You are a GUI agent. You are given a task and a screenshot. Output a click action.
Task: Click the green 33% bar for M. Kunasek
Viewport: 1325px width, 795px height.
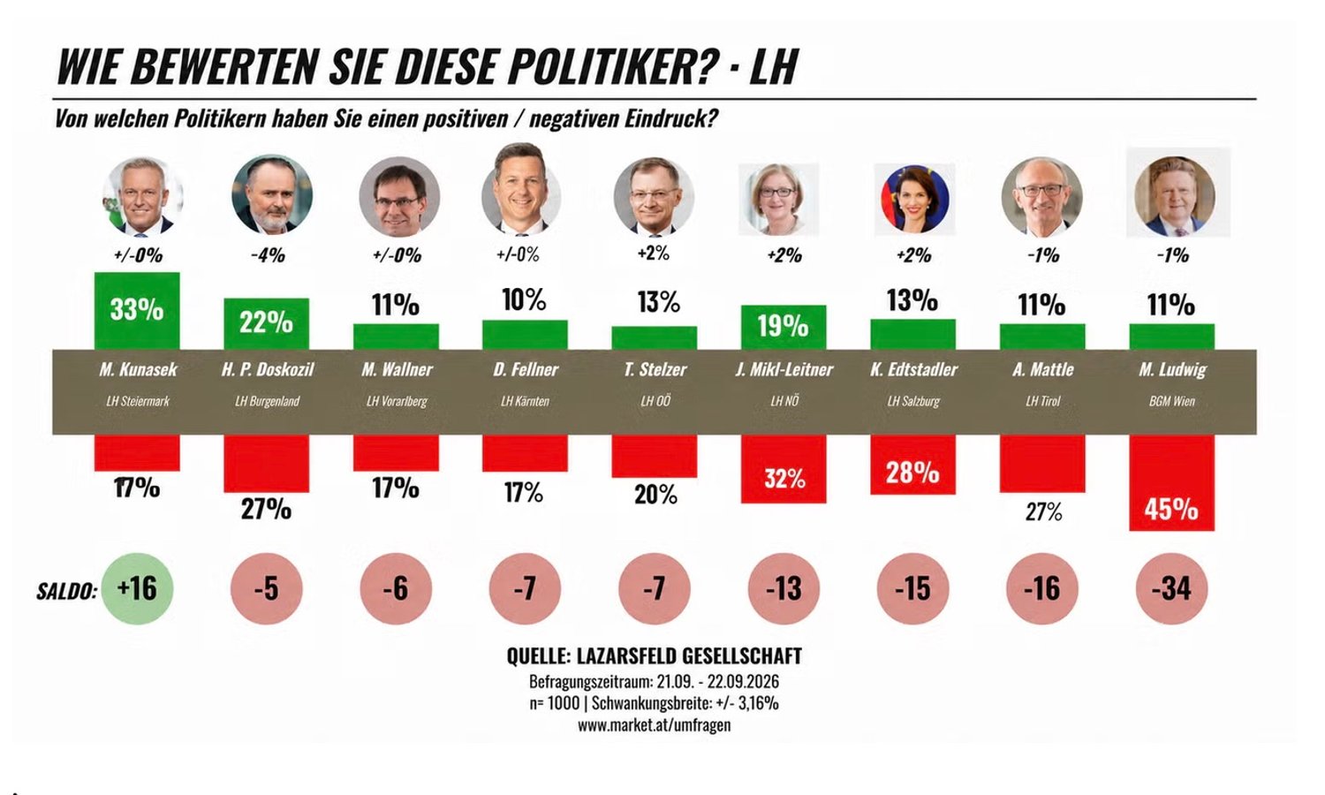(x=137, y=311)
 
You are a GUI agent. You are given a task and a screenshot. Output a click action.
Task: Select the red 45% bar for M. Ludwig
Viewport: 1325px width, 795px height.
(x=1171, y=482)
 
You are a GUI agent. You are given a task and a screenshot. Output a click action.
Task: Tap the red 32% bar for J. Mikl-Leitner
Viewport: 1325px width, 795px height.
(x=784, y=469)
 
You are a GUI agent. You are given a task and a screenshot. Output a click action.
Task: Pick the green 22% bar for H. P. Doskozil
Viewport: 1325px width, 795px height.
(x=266, y=323)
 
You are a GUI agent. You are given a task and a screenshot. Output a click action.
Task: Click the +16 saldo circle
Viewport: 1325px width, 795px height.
(x=137, y=588)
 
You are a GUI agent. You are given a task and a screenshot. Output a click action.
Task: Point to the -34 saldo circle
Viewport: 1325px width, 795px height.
(x=1171, y=588)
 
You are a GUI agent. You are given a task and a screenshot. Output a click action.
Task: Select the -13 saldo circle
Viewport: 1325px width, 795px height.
(x=784, y=588)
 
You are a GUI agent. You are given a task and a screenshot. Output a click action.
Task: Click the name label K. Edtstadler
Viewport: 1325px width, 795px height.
(x=913, y=370)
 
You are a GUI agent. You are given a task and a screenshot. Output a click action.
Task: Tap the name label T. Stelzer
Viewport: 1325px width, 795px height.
(x=655, y=370)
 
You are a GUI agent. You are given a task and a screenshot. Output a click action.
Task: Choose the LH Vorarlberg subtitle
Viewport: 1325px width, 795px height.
(x=397, y=401)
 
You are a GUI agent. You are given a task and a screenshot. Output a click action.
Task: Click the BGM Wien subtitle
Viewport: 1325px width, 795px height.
(x=1172, y=401)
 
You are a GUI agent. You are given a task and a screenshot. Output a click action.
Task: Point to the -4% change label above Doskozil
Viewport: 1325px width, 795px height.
(x=268, y=255)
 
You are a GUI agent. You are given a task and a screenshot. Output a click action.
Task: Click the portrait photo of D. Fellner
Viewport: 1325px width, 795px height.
(x=521, y=189)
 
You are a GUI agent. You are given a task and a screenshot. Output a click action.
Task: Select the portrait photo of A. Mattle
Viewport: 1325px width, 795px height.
(x=1041, y=197)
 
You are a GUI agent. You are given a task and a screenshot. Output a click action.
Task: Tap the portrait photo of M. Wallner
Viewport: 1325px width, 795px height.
(x=399, y=197)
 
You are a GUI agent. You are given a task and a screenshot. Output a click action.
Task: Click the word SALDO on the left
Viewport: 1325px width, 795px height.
(x=67, y=591)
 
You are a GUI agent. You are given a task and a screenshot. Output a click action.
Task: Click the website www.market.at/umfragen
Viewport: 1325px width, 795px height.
(x=655, y=725)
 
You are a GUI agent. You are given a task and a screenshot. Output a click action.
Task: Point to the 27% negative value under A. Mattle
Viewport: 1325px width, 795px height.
(x=1043, y=512)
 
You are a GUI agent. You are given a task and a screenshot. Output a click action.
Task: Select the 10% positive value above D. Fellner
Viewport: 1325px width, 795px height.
(x=524, y=300)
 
